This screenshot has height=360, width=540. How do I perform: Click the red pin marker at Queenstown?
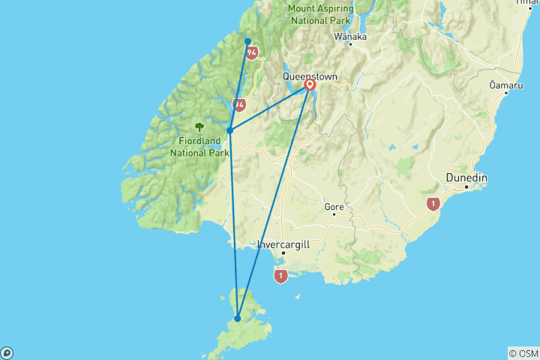click(x=310, y=85)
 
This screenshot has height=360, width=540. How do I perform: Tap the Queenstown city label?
click(x=310, y=76)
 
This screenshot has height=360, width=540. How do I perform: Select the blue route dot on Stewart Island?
click(x=238, y=319)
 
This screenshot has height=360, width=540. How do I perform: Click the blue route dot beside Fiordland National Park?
click(x=229, y=130)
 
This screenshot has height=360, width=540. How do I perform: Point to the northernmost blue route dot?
click(x=247, y=41)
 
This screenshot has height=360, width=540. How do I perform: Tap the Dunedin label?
click(x=466, y=177)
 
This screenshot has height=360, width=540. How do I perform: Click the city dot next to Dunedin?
click(x=466, y=186)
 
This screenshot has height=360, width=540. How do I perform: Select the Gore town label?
click(x=334, y=206)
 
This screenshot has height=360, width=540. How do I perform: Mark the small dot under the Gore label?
click(x=335, y=214)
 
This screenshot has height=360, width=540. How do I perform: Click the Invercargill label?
click(x=283, y=244)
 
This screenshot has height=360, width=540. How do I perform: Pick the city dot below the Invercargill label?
click(x=283, y=253)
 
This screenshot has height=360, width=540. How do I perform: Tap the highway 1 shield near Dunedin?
click(x=432, y=202)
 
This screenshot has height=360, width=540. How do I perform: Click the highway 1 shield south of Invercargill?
click(x=281, y=277)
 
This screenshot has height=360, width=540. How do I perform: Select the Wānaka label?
click(x=350, y=36)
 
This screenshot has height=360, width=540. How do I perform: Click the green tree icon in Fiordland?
click(x=199, y=127)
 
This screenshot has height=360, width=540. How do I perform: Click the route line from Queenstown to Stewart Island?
click(x=274, y=202)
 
